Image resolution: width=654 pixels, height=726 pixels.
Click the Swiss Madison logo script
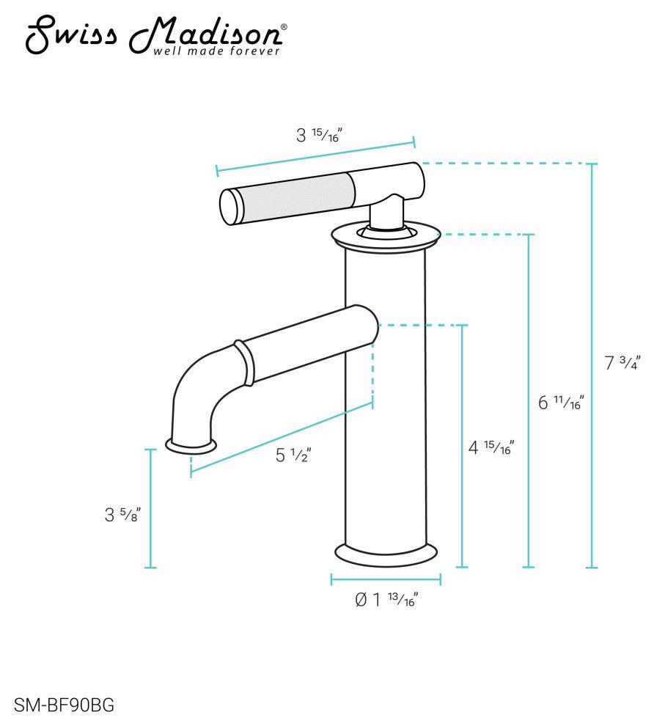pyautogui.click(x=154, y=33)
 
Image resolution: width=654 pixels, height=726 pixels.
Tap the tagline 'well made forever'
pyautogui.click(x=216, y=51)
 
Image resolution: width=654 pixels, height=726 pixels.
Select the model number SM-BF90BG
pyautogui.click(x=64, y=706)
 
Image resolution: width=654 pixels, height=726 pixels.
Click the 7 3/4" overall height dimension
pyautogui.click(x=622, y=362)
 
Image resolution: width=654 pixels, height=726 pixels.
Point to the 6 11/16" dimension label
pyautogui.click(x=561, y=403)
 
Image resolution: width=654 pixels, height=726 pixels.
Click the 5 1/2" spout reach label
pyautogui.click(x=294, y=455)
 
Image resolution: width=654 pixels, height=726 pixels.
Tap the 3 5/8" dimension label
pyautogui.click(x=122, y=515)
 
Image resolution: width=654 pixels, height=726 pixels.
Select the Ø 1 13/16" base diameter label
pyautogui.click(x=386, y=600)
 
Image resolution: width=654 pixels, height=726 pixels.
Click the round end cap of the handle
pyautogui.click(x=230, y=207)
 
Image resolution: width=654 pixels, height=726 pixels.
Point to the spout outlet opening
pyautogui.click(x=192, y=444)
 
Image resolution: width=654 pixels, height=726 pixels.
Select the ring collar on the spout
pyautogui.click(x=243, y=362)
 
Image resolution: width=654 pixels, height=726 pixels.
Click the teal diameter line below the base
pyautogui.click(x=386, y=579)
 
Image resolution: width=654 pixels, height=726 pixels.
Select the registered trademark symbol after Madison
pyautogui.click(x=284, y=27)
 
